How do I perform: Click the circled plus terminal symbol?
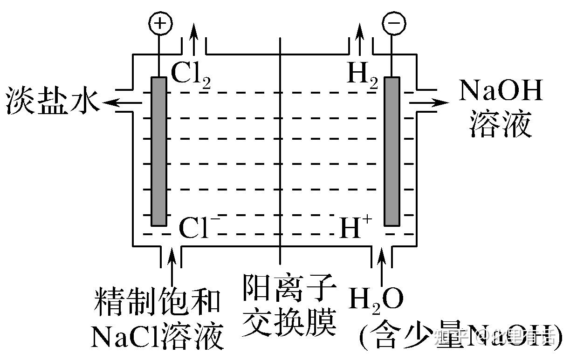(x=160, y=23)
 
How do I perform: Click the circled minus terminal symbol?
(x=393, y=23)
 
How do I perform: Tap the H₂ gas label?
(x=362, y=75)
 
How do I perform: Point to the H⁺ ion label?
(x=355, y=228)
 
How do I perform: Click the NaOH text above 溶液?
(x=501, y=91)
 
